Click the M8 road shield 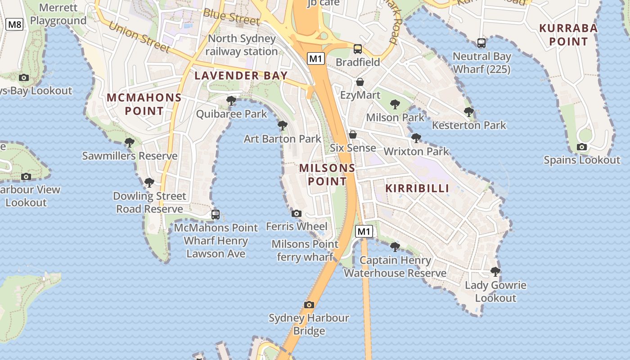(14, 24)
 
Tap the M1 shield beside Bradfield (316, 58)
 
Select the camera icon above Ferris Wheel (297, 214)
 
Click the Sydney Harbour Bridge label (309, 324)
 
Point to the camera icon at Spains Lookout (582, 147)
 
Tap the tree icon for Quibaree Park (231, 101)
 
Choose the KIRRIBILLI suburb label (417, 188)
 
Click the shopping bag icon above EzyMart (360, 82)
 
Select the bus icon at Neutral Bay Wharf (481, 43)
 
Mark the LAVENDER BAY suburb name (241, 76)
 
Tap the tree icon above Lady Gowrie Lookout (495, 272)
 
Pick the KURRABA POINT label (568, 35)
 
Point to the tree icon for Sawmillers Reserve (130, 143)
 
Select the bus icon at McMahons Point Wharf (216, 215)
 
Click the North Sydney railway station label (242, 45)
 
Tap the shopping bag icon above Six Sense (353, 135)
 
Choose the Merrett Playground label (58, 14)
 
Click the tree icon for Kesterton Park (468, 112)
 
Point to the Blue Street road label (231, 17)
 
